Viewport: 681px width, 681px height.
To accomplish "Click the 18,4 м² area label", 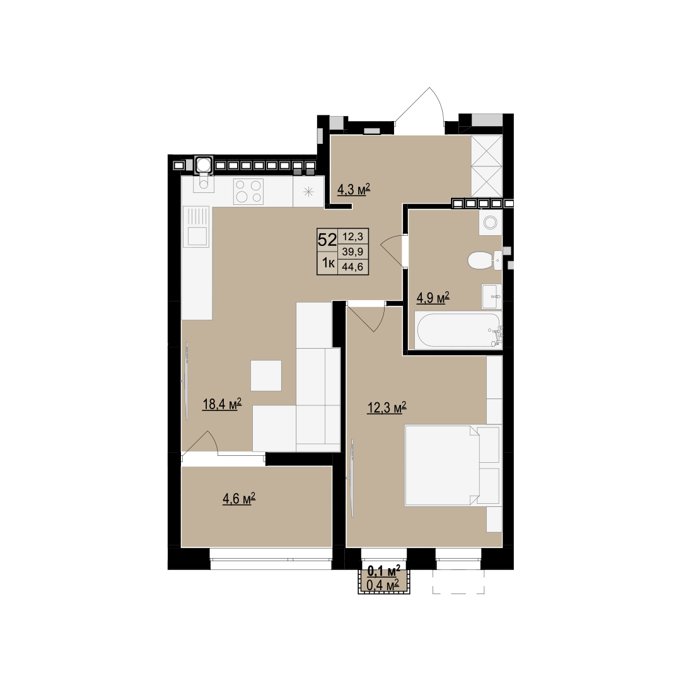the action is pos(222,404).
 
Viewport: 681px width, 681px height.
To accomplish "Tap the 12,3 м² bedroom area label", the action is pos(387,407).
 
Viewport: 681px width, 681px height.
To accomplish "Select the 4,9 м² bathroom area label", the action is pos(433,298).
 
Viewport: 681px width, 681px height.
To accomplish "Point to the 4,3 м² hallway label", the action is pos(354,189).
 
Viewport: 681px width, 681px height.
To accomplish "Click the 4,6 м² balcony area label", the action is pos(239,499).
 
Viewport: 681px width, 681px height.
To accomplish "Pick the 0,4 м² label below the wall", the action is pos(383,585).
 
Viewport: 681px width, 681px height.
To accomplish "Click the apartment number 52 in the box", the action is pos(327,240).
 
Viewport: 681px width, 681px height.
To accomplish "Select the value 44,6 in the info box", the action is pos(352,267).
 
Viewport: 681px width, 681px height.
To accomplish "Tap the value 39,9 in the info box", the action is pos(352,252).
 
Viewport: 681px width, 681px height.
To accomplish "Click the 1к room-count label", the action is pos(327,263).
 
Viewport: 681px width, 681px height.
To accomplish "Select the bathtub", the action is pos(458,330).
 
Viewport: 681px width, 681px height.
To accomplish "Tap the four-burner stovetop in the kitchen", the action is pos(248,192).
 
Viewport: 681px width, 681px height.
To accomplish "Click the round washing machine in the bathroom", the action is pos(491,223).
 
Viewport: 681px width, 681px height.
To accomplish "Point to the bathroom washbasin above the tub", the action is pos(492,296).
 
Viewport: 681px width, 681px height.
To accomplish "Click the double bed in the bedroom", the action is pos(451,465).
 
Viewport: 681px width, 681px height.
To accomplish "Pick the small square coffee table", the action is pos(266,376).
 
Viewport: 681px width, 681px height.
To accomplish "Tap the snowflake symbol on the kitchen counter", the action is pos(308,192).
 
